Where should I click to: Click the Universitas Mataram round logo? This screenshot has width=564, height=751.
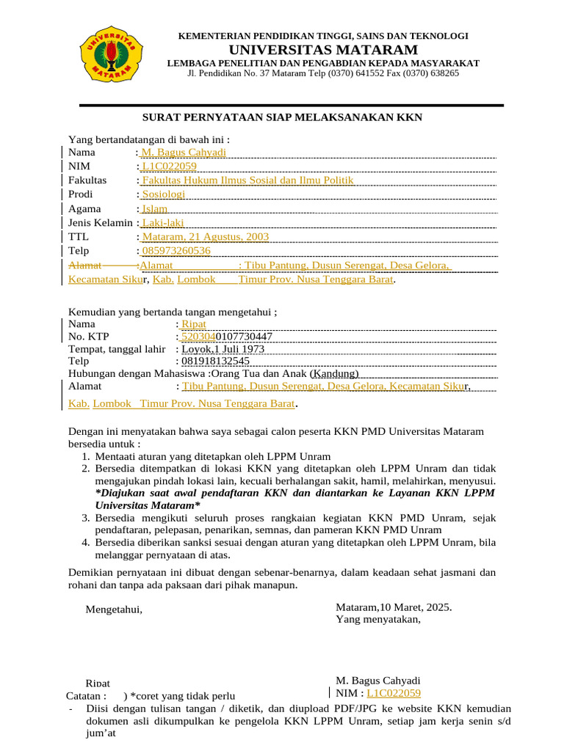(112, 53)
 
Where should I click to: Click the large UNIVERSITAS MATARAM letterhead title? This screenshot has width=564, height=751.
(324, 50)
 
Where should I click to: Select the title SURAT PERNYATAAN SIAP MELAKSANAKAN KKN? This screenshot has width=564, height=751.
(282, 117)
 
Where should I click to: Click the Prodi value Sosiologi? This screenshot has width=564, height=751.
(163, 194)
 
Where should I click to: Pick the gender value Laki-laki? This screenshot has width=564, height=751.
(162, 223)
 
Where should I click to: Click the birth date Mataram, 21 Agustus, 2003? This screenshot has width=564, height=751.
(205, 237)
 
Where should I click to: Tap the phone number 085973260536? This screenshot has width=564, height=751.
(176, 251)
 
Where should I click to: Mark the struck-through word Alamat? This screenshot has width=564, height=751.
(85, 265)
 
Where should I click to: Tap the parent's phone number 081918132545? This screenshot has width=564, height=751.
(215, 362)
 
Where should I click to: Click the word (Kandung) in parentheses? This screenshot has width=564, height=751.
(334, 374)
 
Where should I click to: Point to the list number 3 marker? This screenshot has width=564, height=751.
(85, 519)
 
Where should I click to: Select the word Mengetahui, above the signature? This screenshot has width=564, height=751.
(114, 609)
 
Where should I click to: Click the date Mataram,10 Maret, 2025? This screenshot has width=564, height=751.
(394, 607)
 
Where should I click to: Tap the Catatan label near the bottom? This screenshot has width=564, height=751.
(86, 695)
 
